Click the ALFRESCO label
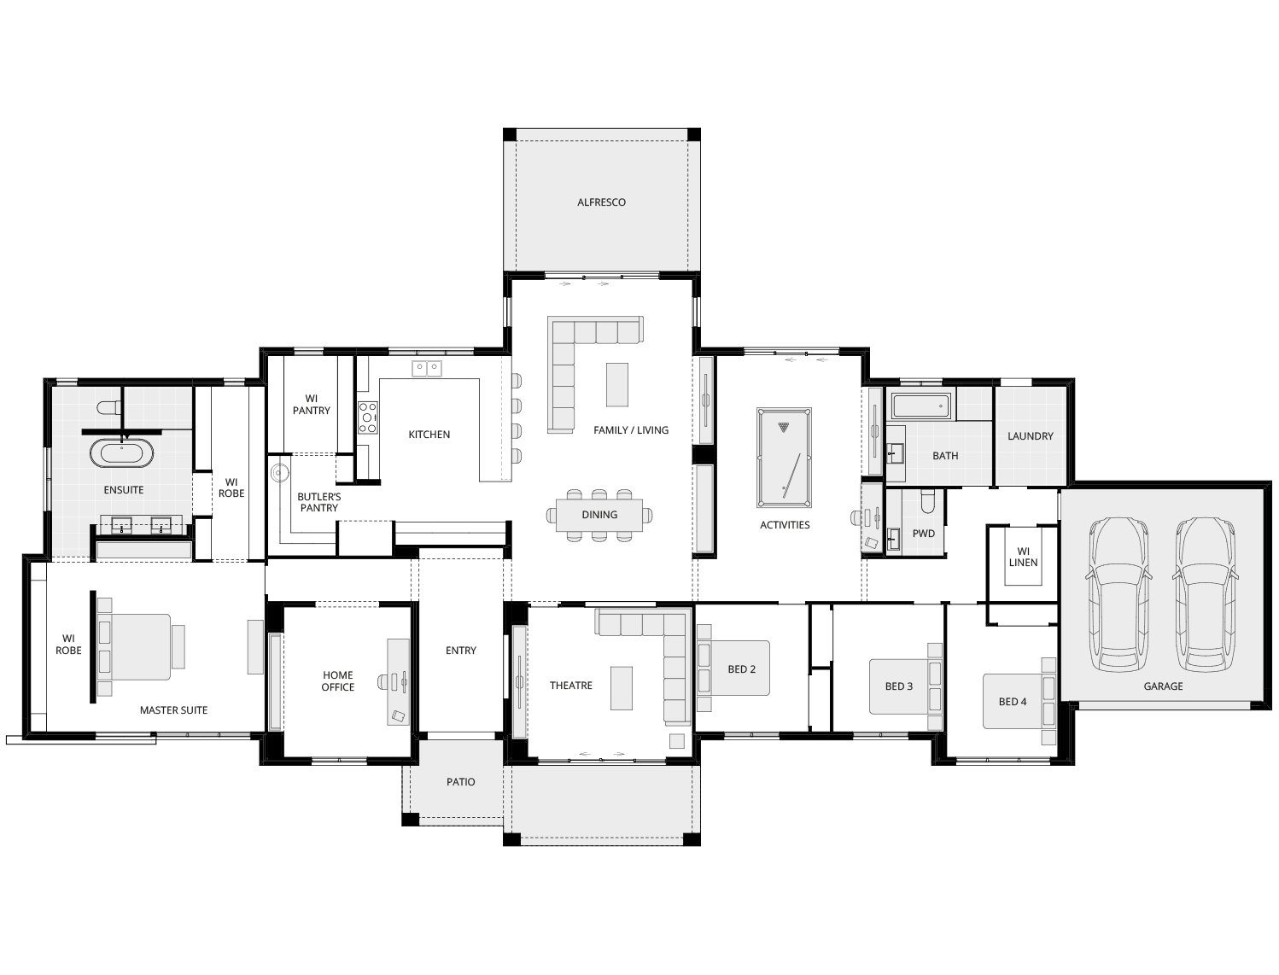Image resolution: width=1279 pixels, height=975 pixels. [601, 202]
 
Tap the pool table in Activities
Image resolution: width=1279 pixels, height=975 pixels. [784, 457]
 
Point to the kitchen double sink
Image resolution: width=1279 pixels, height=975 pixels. [426, 369]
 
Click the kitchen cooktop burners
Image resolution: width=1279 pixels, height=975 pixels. [367, 417]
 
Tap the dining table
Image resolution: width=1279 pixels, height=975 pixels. [599, 515]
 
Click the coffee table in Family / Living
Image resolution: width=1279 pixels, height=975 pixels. [616, 384]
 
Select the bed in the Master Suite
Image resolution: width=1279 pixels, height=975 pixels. [137, 646]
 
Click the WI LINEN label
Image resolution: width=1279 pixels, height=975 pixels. [1023, 557]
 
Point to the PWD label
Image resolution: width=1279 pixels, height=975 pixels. [923, 534]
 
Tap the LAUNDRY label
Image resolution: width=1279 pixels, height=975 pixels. [1030, 436]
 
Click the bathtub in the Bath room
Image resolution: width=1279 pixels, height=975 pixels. [920, 406]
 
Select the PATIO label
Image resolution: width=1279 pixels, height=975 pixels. [460, 782]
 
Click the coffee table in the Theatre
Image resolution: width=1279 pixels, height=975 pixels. [621, 688]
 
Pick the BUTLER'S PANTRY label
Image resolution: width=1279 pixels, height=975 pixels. [318, 502]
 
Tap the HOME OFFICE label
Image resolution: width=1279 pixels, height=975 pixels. [337, 680]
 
